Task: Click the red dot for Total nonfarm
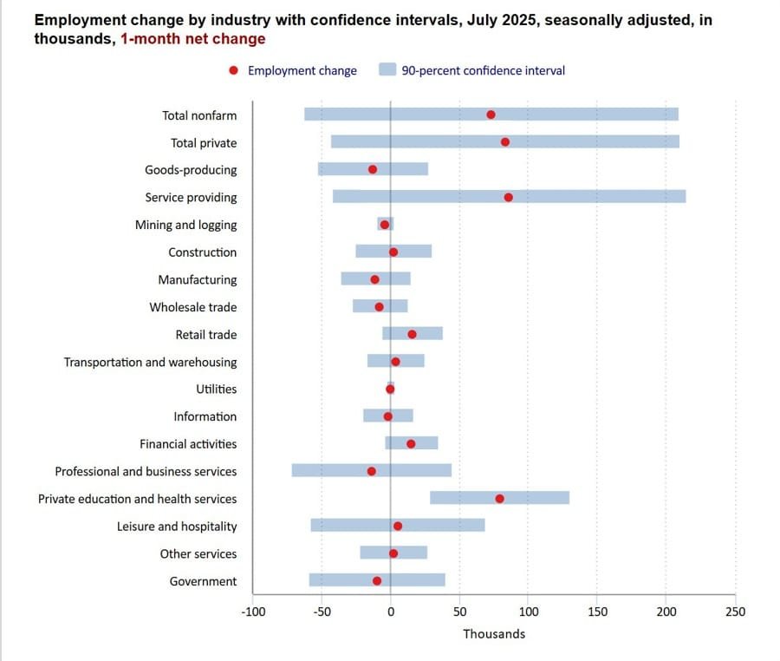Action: point(491,115)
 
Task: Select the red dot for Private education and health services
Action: point(500,499)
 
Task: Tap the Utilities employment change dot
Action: point(390,389)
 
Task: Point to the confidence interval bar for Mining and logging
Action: point(386,225)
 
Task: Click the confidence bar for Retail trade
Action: point(413,334)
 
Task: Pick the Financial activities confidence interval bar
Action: point(412,443)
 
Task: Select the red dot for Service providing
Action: point(508,198)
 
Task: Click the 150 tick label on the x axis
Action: point(597,612)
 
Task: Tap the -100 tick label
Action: point(253,612)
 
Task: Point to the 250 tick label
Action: point(735,612)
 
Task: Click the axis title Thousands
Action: point(494,634)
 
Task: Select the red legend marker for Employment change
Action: point(233,71)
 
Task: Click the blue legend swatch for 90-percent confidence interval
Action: point(387,71)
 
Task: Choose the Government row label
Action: point(203,581)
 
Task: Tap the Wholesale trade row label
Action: point(192,307)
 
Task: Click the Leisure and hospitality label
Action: point(177,527)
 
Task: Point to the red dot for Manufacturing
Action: point(374,279)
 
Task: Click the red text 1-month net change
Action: point(193,39)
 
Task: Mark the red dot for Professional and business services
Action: point(372,471)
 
